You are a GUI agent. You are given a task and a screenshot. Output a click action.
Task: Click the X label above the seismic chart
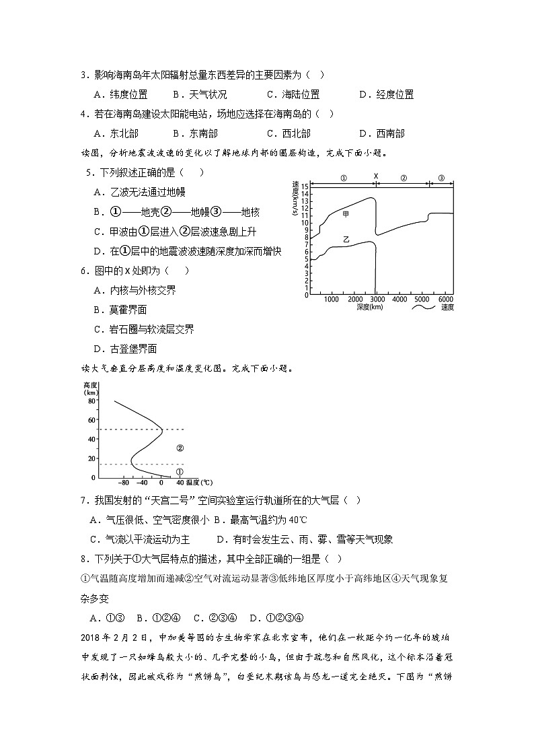point(376,177)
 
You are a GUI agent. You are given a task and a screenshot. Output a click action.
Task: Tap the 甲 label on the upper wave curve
point(346,214)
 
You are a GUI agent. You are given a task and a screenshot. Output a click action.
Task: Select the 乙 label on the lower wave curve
point(346,239)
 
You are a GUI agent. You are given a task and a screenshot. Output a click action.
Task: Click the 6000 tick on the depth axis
point(445,299)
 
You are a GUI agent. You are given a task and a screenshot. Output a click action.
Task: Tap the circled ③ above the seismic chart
point(441,178)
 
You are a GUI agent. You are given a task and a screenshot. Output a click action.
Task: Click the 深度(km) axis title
point(370,307)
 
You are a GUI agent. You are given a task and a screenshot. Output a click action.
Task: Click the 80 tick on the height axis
point(91,401)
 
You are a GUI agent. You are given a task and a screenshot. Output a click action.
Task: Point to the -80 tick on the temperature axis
point(123,483)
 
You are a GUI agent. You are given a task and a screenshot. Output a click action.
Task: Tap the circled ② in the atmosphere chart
point(180,448)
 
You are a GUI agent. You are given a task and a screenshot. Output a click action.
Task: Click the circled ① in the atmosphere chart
point(179,472)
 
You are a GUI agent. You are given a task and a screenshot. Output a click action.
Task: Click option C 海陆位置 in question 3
point(293,95)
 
